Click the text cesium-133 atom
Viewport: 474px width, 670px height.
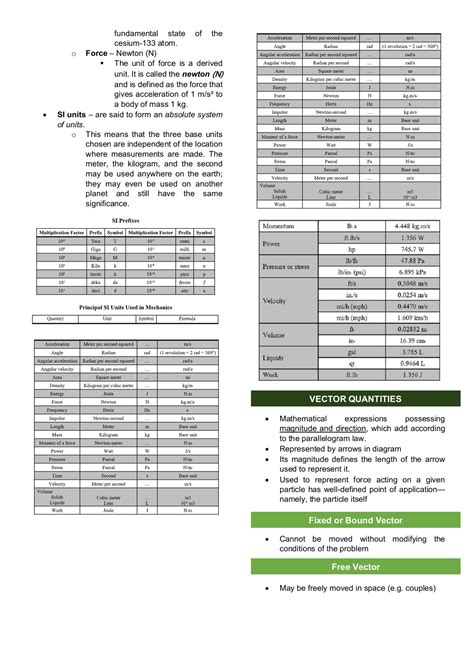coord(167,43)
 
